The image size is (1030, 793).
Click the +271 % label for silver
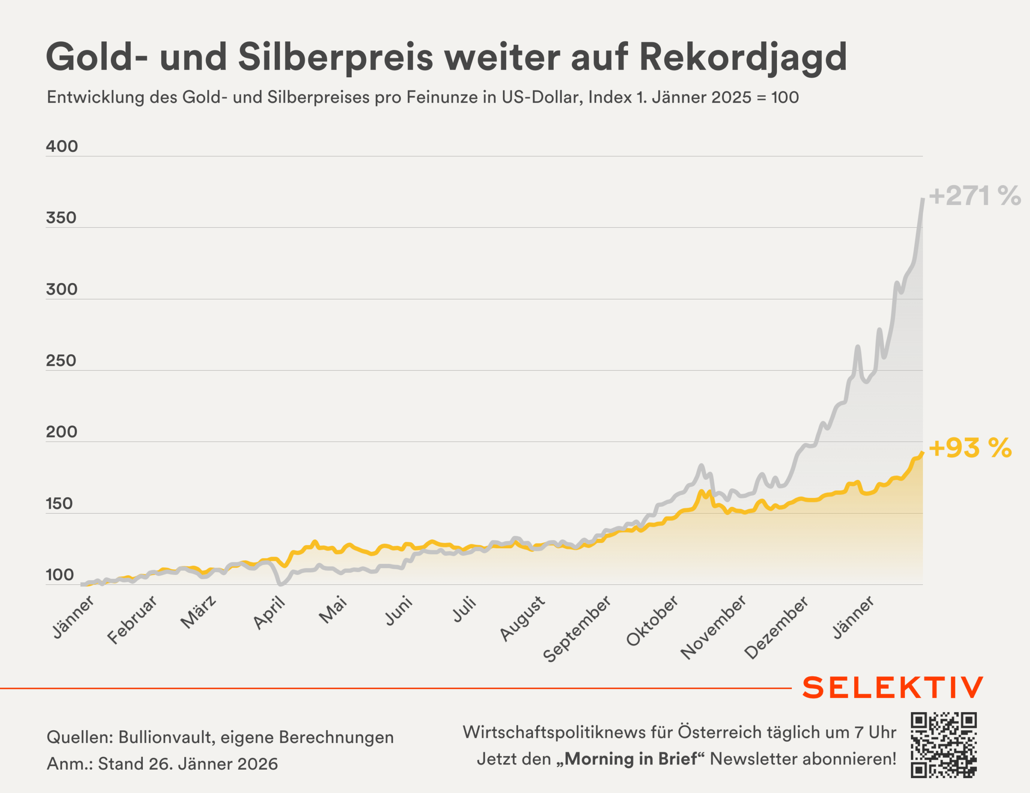pyautogui.click(x=974, y=196)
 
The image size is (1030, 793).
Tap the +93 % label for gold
pyautogui.click(x=970, y=448)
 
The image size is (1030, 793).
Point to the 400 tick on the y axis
pyautogui.click(x=62, y=147)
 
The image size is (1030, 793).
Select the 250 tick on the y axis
pyautogui.click(x=61, y=361)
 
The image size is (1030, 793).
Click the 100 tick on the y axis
pyautogui.click(x=60, y=575)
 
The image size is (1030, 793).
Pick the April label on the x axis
pyautogui.click(x=269, y=613)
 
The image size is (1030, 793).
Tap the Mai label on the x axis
pyautogui.click(x=334, y=609)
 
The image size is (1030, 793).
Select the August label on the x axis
pyautogui.click(x=523, y=618)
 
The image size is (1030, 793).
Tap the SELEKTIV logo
pyautogui.click(x=893, y=688)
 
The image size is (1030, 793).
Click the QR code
pyautogui.click(x=943, y=745)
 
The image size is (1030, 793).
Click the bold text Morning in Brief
pyautogui.click(x=630, y=759)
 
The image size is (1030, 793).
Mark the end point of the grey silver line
pyautogui.click(x=923, y=200)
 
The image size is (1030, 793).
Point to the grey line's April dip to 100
pyautogui.click(x=281, y=584)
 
